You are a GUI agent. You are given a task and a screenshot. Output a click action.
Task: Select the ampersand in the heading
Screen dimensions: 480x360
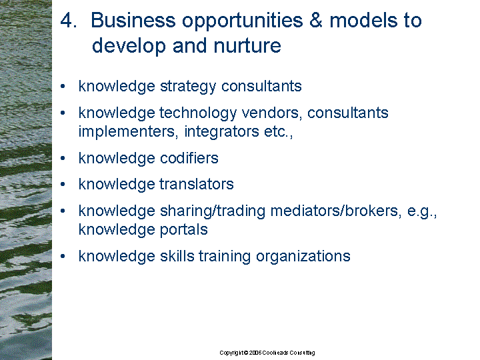click(315, 21)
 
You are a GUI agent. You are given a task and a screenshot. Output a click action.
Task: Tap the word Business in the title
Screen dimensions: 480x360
click(133, 21)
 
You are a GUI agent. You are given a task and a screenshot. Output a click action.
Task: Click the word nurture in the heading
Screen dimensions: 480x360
click(247, 45)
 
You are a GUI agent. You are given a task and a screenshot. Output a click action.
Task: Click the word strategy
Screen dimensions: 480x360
click(188, 87)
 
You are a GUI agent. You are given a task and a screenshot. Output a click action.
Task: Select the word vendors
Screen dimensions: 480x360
click(271, 113)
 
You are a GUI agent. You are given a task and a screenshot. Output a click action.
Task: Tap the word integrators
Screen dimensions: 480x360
click(221, 132)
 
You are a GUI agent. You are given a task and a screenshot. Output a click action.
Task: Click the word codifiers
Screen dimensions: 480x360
click(189, 158)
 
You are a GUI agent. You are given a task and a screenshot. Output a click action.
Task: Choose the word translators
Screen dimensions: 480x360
click(197, 184)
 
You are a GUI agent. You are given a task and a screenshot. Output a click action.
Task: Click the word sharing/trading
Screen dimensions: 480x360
click(213, 211)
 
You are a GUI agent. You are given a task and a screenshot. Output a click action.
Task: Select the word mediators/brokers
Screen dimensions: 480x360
click(336, 211)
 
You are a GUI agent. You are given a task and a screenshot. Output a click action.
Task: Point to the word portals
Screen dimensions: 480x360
click(184, 230)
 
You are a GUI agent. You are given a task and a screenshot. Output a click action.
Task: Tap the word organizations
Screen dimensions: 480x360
click(303, 257)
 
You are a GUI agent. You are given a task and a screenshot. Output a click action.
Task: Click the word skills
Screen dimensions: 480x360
click(177, 256)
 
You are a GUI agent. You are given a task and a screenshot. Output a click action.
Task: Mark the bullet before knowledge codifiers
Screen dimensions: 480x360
click(63, 158)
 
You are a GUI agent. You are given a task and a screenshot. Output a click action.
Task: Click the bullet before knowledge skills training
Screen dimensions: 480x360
click(63, 256)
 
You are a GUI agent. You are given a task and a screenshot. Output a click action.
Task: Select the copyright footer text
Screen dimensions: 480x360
click(267, 353)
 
